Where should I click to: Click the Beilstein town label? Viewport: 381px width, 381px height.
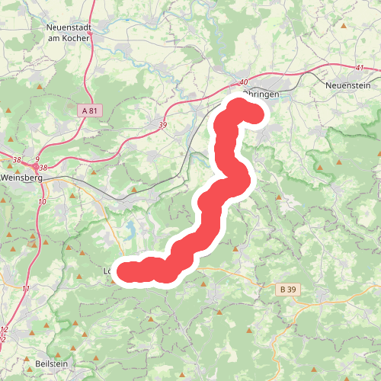click(50, 364)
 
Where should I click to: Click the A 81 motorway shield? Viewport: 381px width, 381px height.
click(89, 110)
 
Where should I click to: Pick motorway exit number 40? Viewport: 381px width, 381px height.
click(244, 82)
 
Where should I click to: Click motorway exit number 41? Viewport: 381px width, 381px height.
click(359, 69)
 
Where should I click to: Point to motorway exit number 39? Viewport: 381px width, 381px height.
click(163, 124)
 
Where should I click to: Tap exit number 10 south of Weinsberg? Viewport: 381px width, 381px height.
click(41, 201)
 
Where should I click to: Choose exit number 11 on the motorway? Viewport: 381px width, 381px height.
click(27, 289)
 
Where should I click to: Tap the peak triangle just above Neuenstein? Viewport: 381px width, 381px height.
click(344, 27)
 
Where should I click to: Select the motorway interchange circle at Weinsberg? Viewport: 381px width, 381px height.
click(35, 167)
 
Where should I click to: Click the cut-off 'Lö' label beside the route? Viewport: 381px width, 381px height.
click(107, 271)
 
